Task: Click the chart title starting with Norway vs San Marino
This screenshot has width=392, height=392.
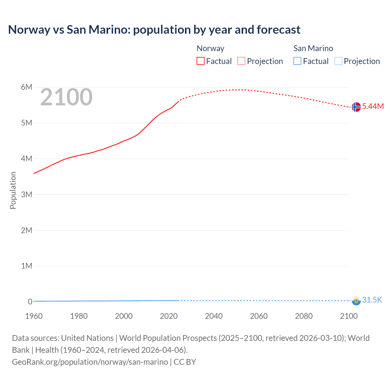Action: pos(154,30)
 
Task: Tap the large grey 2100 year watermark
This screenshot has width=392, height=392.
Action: pos(66,97)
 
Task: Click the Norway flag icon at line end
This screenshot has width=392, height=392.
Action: pos(356,107)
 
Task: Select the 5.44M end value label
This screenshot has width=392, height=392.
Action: pos(373,106)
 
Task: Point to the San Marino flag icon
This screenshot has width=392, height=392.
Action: pos(356,300)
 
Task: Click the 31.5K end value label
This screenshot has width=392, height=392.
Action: pos(372,300)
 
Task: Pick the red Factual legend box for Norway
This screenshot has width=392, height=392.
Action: pos(201,61)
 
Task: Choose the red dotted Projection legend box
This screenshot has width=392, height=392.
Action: pos(241,61)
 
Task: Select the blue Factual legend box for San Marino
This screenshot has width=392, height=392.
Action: pos(297,61)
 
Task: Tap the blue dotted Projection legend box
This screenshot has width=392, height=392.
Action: pos(338,61)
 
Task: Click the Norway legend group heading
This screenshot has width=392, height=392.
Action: pos(210,48)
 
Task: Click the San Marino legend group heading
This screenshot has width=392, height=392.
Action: pos(313,48)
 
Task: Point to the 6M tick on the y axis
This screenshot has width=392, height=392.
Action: pos(27,87)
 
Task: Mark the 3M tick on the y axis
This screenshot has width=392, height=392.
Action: pos(27,194)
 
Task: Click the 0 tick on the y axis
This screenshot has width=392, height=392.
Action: pos(30,302)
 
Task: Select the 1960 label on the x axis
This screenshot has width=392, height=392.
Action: pos(34,316)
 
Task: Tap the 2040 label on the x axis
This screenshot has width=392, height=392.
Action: pos(214,316)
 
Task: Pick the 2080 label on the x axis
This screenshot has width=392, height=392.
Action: pos(304,316)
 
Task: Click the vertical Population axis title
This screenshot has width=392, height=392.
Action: pos(13,190)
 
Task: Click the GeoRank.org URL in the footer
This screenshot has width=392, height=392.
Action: pos(90,362)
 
